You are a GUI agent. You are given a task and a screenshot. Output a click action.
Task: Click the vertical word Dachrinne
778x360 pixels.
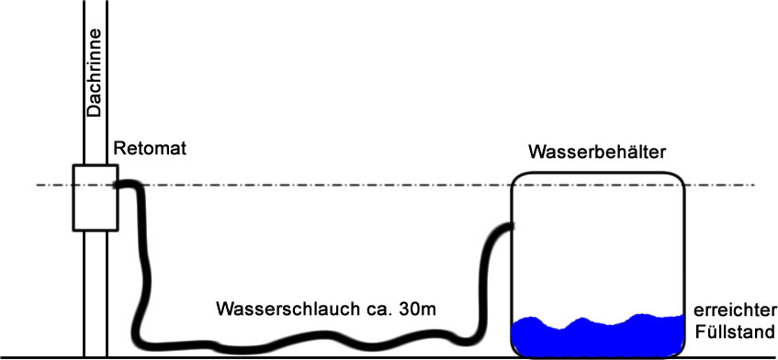point(94,73)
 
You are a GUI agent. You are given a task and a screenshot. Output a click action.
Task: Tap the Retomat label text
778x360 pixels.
point(150,148)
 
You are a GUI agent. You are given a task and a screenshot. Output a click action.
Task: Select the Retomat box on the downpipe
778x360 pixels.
point(96,197)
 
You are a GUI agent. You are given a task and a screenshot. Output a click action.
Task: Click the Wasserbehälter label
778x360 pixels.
point(596,152)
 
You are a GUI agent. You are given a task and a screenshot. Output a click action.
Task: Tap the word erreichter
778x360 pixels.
point(733,311)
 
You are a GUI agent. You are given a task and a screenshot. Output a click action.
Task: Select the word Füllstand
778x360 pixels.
point(735,332)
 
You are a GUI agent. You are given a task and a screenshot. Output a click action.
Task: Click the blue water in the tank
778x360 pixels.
point(598,336)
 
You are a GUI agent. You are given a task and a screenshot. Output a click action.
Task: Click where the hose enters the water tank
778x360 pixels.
point(511,228)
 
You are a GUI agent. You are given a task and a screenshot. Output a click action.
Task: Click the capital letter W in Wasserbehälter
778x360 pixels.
point(536,152)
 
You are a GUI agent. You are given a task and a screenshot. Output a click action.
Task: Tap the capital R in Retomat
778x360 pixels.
point(119,148)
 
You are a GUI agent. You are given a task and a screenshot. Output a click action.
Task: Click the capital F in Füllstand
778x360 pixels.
point(700,332)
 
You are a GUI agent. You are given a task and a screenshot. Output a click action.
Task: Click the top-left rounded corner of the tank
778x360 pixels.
point(516,177)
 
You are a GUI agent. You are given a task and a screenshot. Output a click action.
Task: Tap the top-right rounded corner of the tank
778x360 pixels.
point(680,177)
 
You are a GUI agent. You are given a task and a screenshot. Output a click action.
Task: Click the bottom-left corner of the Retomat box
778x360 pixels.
point(73,231)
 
